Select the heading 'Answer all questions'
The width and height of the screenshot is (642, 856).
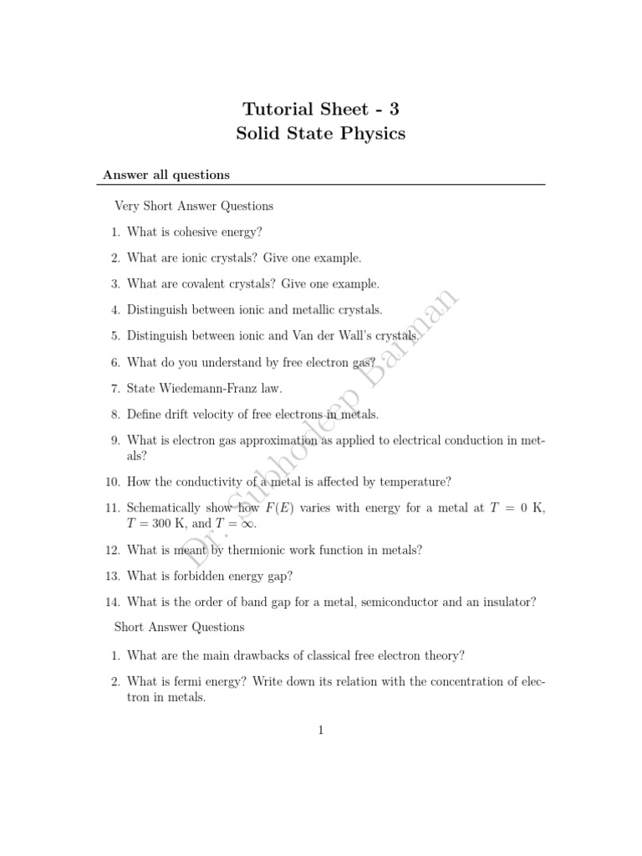pos(166,175)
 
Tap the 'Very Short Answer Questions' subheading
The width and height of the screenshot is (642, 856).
pos(194,206)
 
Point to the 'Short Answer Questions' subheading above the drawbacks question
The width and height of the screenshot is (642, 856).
pos(179,627)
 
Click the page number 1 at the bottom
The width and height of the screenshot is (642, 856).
pos(321,730)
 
